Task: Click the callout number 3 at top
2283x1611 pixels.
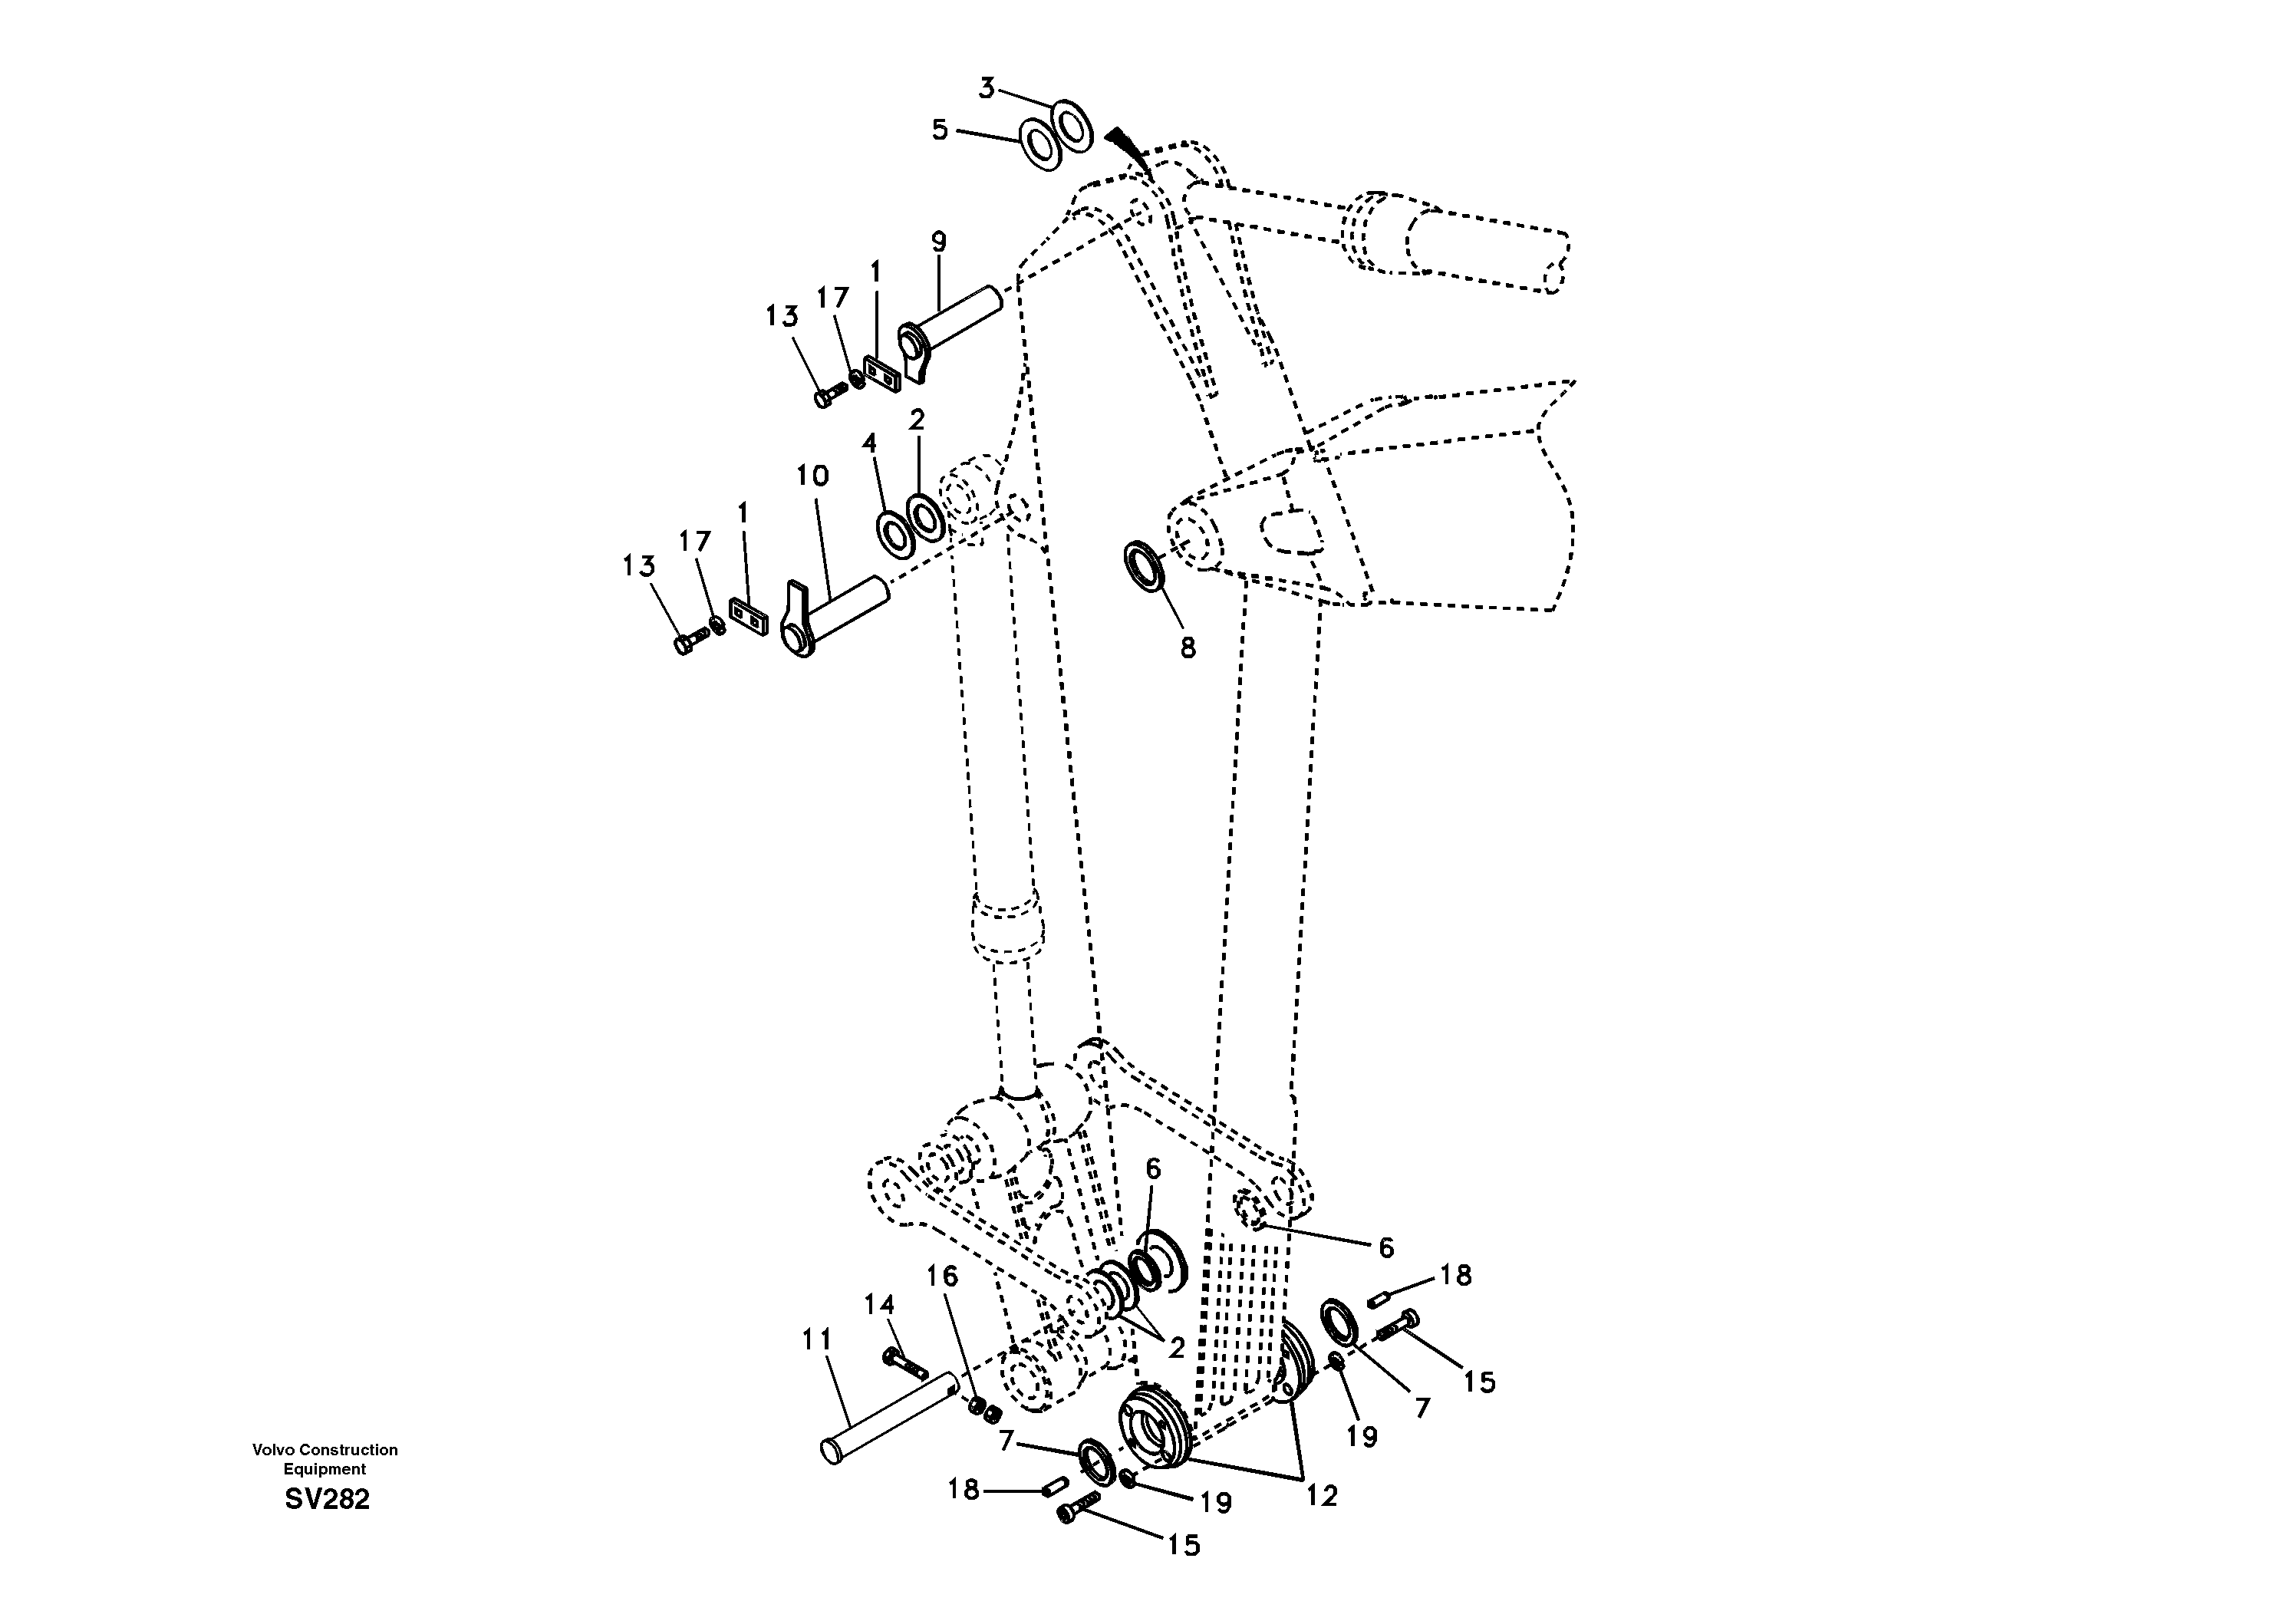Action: [x=986, y=88]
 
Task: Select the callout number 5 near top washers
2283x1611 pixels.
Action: [x=940, y=130]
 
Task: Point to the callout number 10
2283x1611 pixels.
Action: [x=812, y=476]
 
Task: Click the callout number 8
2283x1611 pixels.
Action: [x=1188, y=648]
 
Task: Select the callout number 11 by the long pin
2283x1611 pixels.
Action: [x=816, y=1340]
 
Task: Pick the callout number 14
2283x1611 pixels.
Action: [x=879, y=1303]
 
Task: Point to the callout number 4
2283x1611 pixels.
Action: [x=869, y=443]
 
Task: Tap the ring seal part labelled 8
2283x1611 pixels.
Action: [x=1145, y=567]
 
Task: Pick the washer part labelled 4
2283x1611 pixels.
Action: [x=895, y=533]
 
